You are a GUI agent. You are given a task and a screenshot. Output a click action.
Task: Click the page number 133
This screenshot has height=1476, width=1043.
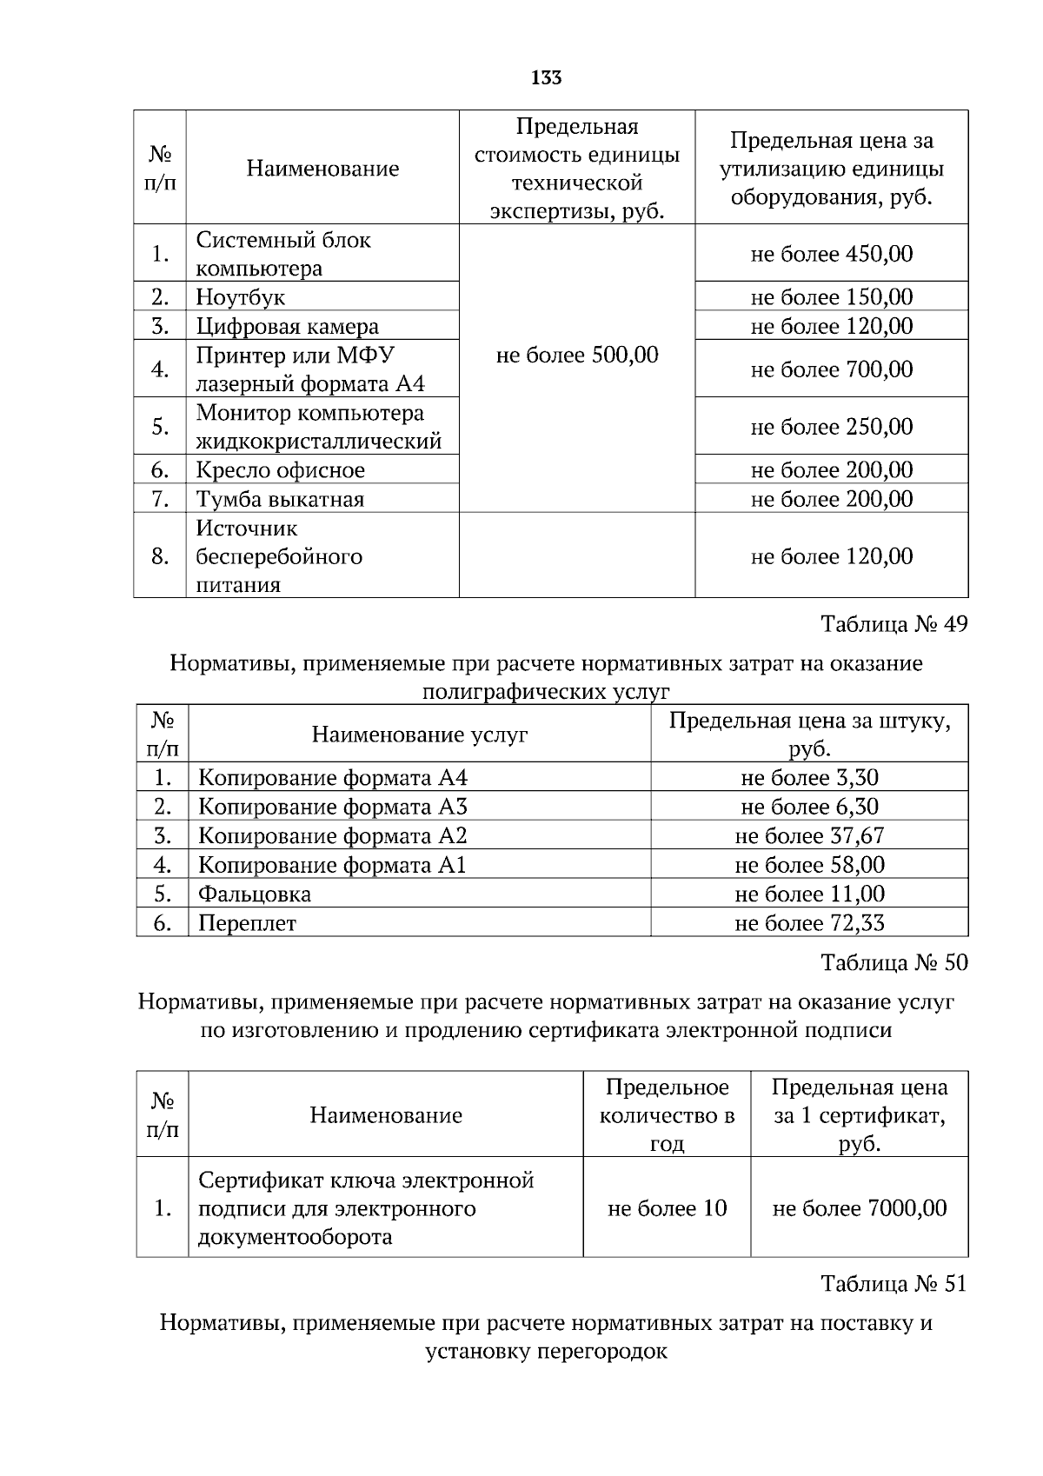coord(546,78)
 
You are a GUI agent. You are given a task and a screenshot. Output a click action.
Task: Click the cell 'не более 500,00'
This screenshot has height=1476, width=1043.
coord(576,355)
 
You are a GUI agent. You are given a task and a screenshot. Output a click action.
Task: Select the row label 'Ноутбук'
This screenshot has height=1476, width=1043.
coord(241,297)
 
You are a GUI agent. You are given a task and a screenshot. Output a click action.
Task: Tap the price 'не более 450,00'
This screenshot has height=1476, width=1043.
coord(831,254)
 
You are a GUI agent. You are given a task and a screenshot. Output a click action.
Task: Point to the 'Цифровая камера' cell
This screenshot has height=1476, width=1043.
coord(288,327)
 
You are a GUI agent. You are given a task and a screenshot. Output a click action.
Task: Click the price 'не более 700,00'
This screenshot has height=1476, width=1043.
coord(831,369)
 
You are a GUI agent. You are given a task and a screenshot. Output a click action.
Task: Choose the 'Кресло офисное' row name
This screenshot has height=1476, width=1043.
coord(280,470)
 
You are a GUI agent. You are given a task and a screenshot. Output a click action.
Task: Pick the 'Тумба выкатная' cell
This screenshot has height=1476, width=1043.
coord(280,500)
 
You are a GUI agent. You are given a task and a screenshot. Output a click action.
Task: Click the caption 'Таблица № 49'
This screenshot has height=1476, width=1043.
coord(894,624)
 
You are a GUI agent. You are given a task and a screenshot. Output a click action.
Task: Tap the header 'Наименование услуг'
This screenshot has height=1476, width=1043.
coord(420,735)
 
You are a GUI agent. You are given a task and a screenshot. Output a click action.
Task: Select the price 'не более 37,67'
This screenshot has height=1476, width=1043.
coord(809,836)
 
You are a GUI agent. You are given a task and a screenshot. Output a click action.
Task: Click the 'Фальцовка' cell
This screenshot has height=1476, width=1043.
coord(255,894)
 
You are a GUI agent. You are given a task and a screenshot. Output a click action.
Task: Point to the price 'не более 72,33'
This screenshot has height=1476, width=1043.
coord(809,923)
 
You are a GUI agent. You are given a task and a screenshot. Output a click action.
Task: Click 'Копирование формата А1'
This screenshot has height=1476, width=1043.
coord(332,866)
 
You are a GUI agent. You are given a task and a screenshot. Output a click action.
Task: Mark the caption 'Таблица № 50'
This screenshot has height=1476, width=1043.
coord(894,963)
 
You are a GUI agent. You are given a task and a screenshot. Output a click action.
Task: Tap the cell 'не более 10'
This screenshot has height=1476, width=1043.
coord(667,1208)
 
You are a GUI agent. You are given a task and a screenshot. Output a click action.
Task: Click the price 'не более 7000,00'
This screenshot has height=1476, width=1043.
coord(859,1208)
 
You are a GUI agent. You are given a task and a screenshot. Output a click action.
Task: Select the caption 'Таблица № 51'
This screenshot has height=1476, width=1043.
coord(894,1284)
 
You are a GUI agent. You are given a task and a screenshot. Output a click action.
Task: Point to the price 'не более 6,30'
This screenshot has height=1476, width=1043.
coord(809,807)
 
